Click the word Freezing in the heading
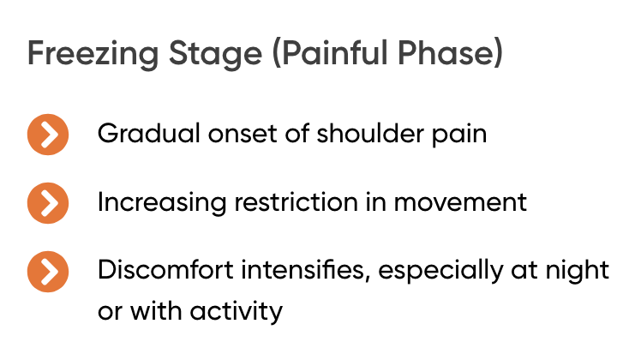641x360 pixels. click(93, 54)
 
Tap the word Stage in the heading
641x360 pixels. click(215, 54)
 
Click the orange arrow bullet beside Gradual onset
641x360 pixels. click(48, 135)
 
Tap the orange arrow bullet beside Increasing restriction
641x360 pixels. click(48, 203)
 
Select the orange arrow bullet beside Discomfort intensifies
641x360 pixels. click(48, 272)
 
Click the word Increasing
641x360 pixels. click(162, 203)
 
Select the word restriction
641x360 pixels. click(296, 202)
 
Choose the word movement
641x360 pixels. click(460, 203)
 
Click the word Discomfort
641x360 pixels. click(165, 270)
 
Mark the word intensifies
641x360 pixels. click(306, 270)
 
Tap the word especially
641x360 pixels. click(440, 271)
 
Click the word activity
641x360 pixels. click(237, 312)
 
